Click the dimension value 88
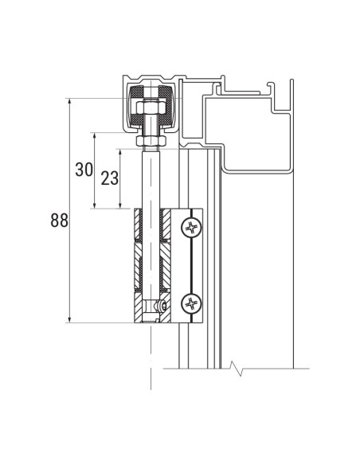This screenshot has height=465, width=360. coord(59,221)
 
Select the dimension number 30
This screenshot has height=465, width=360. coord(84,170)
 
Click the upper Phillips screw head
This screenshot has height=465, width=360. coord(192,228)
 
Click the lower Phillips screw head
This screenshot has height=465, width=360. coord(192,303)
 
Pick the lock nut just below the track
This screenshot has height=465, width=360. coord(150,141)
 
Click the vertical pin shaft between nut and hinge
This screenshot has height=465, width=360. coord(150,179)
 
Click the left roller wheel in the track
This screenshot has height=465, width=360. coord(133,107)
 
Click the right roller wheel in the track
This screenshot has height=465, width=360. coord(167,107)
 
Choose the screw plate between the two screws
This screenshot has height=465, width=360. coord(193,265)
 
